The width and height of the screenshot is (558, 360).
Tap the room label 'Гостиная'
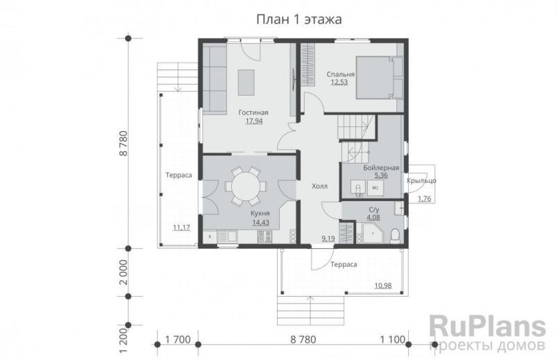click(x=253, y=112)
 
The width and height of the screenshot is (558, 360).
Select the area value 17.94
click(x=253, y=121)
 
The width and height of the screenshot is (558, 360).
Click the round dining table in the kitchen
click(x=244, y=186)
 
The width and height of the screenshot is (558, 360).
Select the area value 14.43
click(x=260, y=223)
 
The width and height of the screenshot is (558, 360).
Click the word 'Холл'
click(x=319, y=186)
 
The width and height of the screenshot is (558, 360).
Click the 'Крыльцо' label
click(x=421, y=180)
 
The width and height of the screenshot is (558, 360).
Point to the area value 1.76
click(x=423, y=200)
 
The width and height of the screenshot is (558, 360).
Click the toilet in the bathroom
click(x=394, y=236)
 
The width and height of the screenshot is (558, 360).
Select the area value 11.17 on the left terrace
click(x=181, y=228)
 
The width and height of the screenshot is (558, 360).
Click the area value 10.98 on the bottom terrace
click(x=382, y=286)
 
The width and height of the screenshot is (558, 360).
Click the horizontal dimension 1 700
click(x=178, y=340)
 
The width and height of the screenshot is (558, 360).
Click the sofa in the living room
click(x=214, y=78)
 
